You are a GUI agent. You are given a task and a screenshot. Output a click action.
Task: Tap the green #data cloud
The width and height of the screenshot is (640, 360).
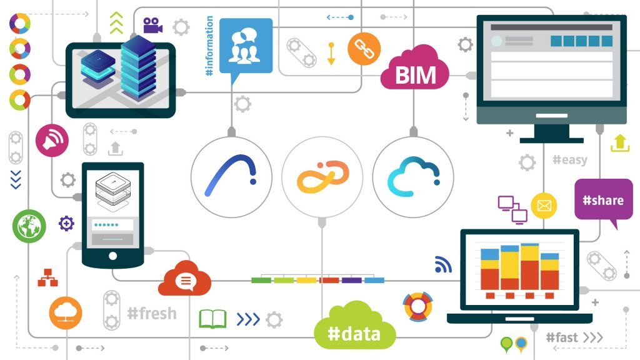tap(354, 326)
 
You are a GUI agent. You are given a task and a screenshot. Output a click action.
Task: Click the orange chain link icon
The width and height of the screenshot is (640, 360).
tap(364, 49)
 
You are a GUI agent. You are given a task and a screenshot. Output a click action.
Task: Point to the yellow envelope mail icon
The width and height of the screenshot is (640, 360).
tap(544, 205)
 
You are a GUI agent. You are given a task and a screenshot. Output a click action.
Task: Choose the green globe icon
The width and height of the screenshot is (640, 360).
tap(29, 226)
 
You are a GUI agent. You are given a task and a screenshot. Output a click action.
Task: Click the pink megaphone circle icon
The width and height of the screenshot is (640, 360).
tap(52, 141)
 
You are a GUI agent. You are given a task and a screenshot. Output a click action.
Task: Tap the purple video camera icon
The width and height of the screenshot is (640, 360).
tap(152, 25)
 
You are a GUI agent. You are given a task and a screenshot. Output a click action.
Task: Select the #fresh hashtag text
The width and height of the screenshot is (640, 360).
tap(152, 314)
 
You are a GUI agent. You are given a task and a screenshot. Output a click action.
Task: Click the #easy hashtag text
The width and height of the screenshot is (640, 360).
tap(570, 159)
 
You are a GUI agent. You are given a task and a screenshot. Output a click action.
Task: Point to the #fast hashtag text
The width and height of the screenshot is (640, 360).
tap(562, 337)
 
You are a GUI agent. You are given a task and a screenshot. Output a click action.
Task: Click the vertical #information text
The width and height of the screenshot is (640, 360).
tap(209, 46)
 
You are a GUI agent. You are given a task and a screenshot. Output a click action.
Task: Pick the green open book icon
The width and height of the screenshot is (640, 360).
tap(212, 319)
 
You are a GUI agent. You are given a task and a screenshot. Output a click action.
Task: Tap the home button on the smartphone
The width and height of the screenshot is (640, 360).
tap(112, 256)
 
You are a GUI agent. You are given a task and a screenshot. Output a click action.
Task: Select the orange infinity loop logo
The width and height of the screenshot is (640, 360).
tap(322, 177)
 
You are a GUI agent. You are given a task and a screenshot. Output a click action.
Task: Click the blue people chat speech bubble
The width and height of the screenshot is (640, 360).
tap(246, 47)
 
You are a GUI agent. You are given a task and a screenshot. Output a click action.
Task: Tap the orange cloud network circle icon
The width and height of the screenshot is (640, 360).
tap(65, 313)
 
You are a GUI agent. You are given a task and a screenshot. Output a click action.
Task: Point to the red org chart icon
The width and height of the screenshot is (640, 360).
tap(47, 277)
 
